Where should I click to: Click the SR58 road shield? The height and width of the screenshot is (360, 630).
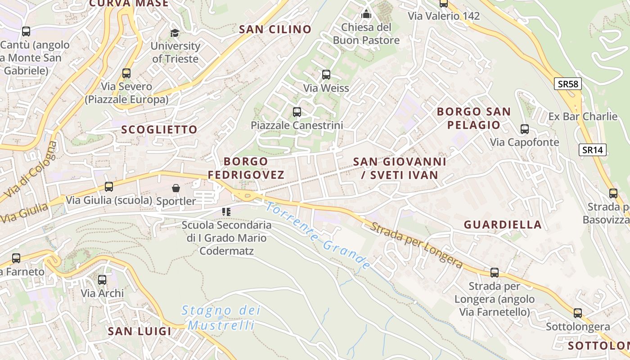click(x=567, y=83)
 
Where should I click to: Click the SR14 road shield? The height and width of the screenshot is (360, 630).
click(x=592, y=150)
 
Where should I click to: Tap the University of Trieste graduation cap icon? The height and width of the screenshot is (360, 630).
click(x=175, y=33)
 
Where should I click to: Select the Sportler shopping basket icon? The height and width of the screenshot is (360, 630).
click(x=176, y=188)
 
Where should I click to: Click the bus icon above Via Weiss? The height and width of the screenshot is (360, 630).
click(x=326, y=75)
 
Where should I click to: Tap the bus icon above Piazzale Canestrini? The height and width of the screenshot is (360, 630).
click(x=297, y=112)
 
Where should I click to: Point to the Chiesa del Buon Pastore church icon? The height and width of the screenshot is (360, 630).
click(x=366, y=14)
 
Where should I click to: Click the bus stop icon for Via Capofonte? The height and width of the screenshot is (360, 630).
click(x=524, y=129)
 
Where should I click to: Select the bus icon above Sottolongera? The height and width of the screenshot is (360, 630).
click(x=578, y=313)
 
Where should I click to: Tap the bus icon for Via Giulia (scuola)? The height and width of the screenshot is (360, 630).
click(x=108, y=186)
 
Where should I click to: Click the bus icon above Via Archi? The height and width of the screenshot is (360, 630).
click(x=102, y=280)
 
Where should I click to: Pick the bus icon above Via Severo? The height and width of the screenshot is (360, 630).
click(x=126, y=73)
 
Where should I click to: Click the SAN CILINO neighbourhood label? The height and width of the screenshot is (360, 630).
click(x=275, y=30)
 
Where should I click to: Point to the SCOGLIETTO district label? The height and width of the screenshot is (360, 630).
click(x=159, y=130)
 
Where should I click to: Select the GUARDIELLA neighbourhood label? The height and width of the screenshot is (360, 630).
click(x=503, y=225)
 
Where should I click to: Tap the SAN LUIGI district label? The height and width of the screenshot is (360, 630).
click(x=139, y=331)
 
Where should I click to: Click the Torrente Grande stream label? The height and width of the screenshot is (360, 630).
click(x=318, y=236)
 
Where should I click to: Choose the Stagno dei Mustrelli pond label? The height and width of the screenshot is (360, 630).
click(x=221, y=317)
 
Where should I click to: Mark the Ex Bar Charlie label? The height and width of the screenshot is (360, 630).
click(x=583, y=117)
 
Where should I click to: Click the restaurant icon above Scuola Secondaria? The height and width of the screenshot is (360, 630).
click(x=226, y=211)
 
